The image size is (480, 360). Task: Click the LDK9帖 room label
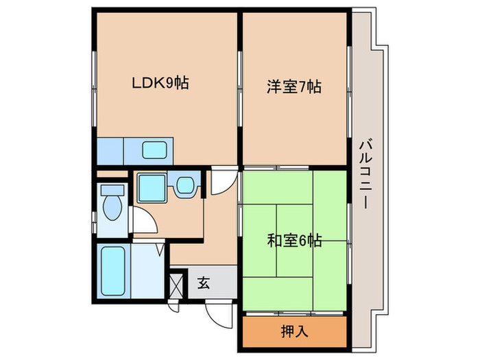pos(160,84)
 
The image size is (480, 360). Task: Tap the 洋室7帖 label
pos(293,87)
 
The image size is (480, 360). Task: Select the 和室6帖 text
pos(294,241)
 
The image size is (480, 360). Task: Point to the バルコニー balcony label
pos(365,175)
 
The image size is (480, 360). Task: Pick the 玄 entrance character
pos(204,281)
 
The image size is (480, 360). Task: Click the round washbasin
pos(184,186)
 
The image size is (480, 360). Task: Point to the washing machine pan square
pos(150,186)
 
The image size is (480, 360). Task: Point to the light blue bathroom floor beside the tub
pos(146,271)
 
